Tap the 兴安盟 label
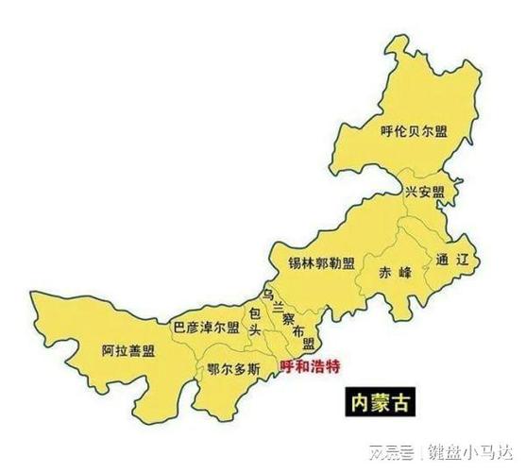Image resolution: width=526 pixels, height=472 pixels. pyautogui.click(x=424, y=191)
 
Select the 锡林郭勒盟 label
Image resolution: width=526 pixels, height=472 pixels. pyautogui.click(x=322, y=262)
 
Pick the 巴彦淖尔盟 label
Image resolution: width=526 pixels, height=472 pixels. pyautogui.click(x=206, y=327)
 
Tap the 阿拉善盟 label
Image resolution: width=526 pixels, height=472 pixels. pyautogui.click(x=128, y=351)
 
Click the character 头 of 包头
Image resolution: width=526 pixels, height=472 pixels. pyautogui.click(x=254, y=329)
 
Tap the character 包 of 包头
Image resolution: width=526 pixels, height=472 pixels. pyautogui.click(x=254, y=311)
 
